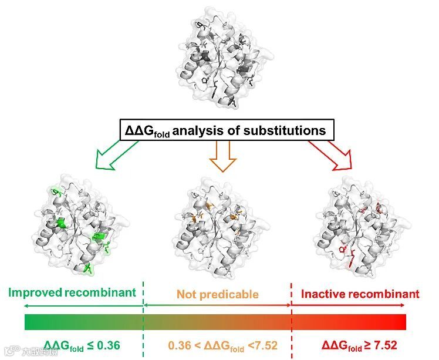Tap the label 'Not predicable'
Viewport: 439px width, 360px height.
pyautogui.click(x=217, y=293)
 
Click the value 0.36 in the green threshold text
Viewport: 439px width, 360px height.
pyautogui.click(x=109, y=345)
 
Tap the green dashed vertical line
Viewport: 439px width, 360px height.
pyautogui.click(x=144, y=317)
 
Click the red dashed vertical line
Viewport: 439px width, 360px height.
pyautogui.click(x=292, y=317)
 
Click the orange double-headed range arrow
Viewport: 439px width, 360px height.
pyautogui.click(x=217, y=305)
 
